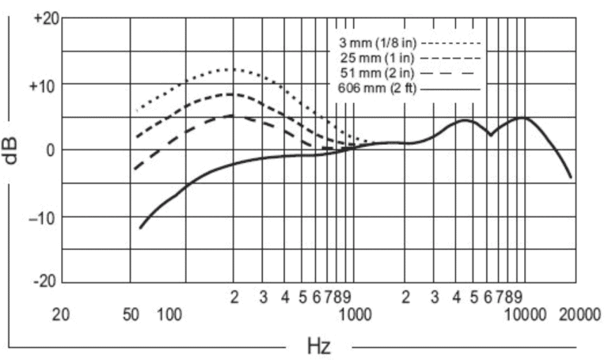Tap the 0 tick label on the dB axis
pyautogui.click(x=51, y=150)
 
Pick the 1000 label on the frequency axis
pyautogui.click(x=355, y=315)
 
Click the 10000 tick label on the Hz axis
pyautogui.click(x=525, y=315)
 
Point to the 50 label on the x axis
pyautogui.click(x=131, y=315)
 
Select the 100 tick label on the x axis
pyautogui.click(x=169, y=315)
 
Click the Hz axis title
pyautogui.click(x=319, y=346)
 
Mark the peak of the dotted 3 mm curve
pyautogui.click(x=230, y=70)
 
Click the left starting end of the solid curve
pyautogui.click(x=140, y=229)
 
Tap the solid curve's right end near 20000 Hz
pyautogui.click(x=571, y=178)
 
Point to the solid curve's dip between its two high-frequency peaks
pyautogui.click(x=491, y=135)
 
